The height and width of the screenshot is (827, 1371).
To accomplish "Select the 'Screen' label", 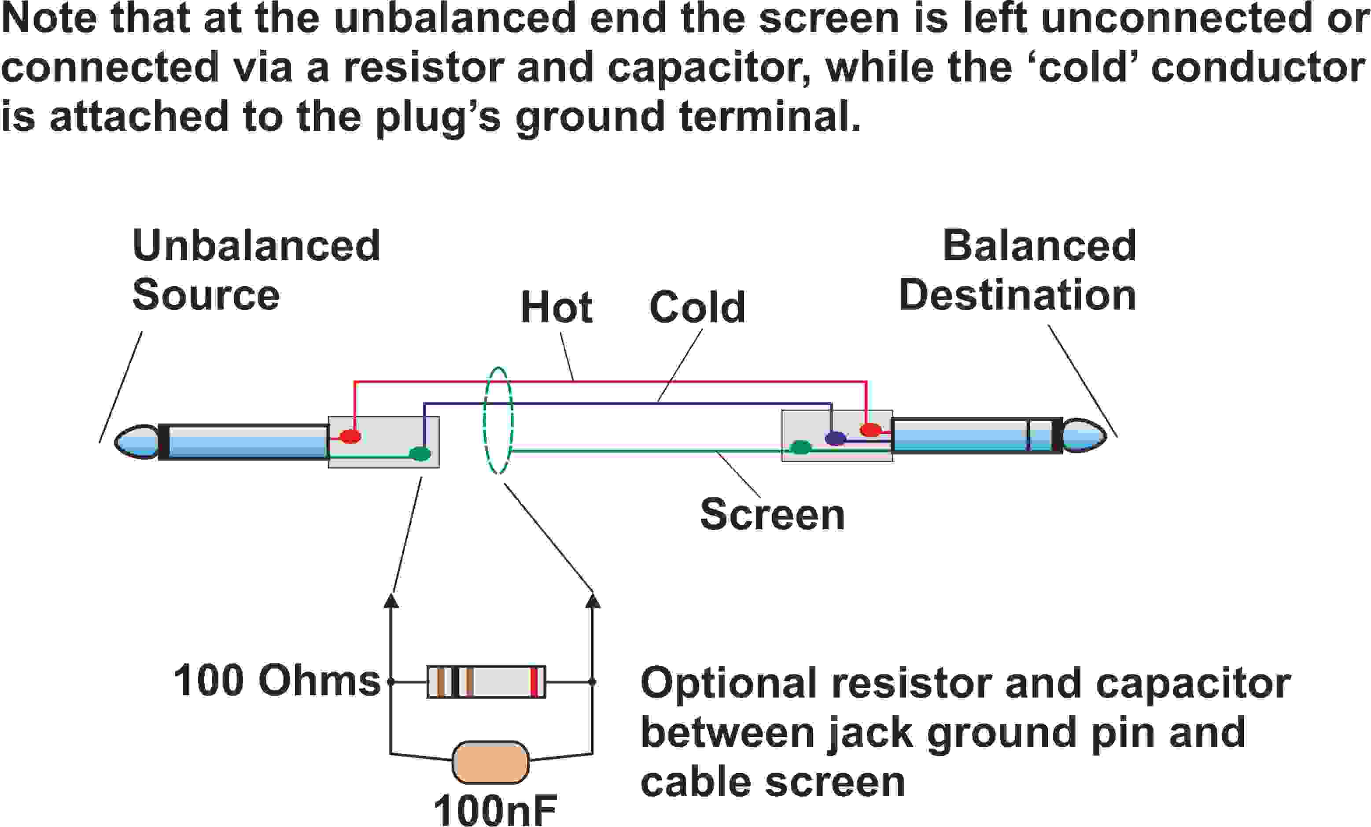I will pyautogui.click(x=772, y=514).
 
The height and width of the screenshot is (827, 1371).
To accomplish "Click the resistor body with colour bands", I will pyautogui.click(x=486, y=681).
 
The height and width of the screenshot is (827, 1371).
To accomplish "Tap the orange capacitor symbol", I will pyautogui.click(x=490, y=762).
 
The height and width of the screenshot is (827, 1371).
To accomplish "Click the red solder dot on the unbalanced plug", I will pyautogui.click(x=350, y=436).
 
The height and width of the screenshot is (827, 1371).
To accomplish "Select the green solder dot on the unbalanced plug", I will pyautogui.click(x=420, y=454).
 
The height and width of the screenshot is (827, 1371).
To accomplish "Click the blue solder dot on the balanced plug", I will pyautogui.click(x=835, y=439).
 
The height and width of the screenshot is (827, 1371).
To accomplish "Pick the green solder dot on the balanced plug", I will pyautogui.click(x=801, y=447).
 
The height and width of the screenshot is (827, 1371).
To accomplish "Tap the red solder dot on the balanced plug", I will pyautogui.click(x=870, y=430).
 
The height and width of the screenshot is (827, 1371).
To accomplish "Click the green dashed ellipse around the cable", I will pyautogui.click(x=484, y=421).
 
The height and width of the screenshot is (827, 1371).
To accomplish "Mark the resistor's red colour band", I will pyautogui.click(x=535, y=681).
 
